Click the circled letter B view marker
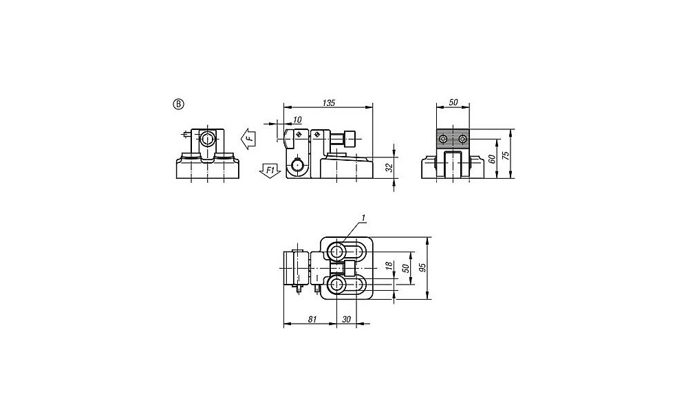click(x=179, y=104)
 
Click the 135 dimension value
click(x=329, y=103)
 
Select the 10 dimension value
click(x=297, y=120)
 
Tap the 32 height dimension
click(x=389, y=168)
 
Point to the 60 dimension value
click(x=492, y=159)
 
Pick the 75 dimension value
click(x=506, y=155)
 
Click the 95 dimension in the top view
click(x=422, y=268)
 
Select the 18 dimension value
click(x=388, y=265)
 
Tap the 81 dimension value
click(x=312, y=320)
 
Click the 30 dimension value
click(x=346, y=320)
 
